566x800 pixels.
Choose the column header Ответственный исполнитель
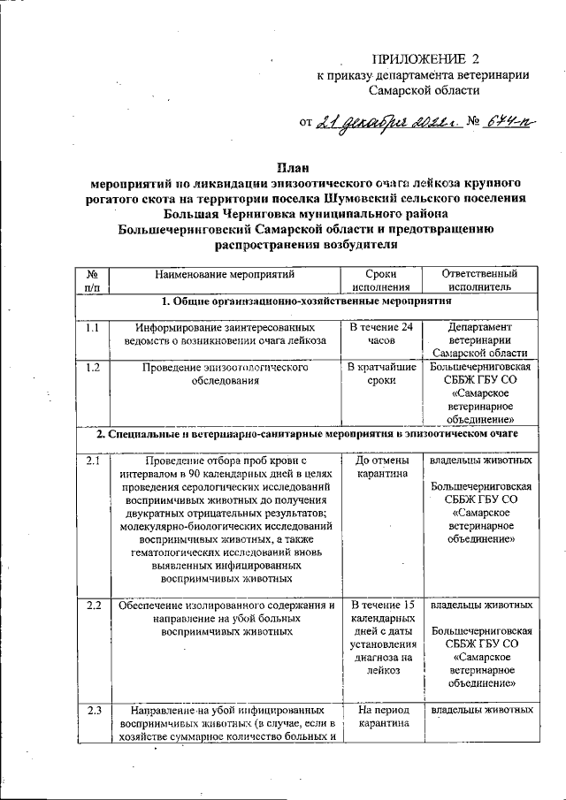pyautogui.click(x=478, y=280)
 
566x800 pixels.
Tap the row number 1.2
pyautogui.click(x=93, y=367)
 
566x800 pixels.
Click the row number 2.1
pyautogui.click(x=93, y=461)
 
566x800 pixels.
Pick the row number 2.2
pyautogui.click(x=93, y=606)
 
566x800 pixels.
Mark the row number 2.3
pyautogui.click(x=93, y=709)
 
